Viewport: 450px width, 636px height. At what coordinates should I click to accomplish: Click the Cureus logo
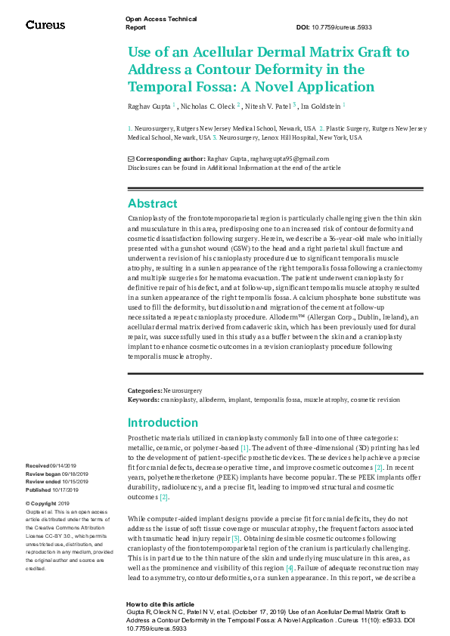(x=45, y=25)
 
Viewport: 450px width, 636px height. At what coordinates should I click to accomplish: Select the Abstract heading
(x=152, y=203)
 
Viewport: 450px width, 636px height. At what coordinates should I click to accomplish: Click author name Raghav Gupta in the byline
(x=148, y=106)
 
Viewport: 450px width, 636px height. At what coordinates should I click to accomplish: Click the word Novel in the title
(x=292, y=85)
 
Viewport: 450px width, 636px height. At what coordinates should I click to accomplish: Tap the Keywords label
(x=143, y=399)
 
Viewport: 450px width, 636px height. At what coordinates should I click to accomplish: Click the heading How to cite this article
(x=159, y=605)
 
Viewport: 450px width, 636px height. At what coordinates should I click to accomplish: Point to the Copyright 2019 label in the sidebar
(x=47, y=503)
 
